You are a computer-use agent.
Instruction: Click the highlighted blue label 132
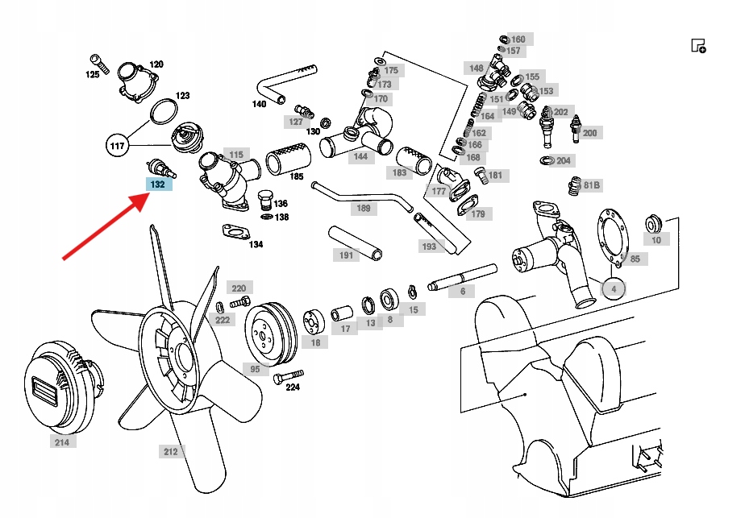[x=158, y=184]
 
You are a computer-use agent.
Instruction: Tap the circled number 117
[x=118, y=146]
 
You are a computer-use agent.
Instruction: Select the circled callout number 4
[x=614, y=288]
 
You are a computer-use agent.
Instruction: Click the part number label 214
[x=61, y=442]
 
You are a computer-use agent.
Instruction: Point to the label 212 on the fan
[x=170, y=452]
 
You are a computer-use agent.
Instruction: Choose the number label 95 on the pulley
[x=255, y=369]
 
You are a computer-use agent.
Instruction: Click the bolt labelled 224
[x=288, y=375]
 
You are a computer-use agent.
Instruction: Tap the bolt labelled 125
[x=98, y=60]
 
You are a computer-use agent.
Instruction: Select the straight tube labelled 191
[x=355, y=242]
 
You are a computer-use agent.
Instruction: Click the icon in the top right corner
[x=698, y=45]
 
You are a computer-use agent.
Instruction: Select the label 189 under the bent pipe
[x=364, y=209]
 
